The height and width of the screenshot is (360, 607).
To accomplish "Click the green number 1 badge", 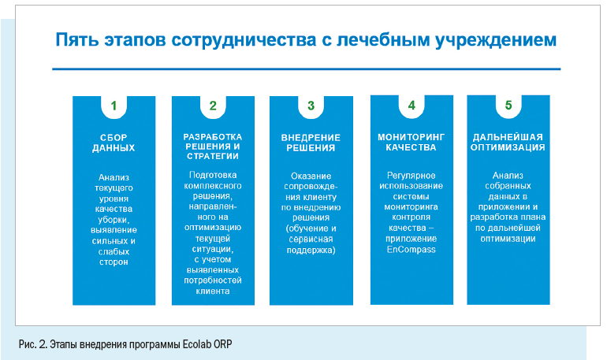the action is coord(114,106).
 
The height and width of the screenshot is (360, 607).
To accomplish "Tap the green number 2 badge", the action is coord(213,106).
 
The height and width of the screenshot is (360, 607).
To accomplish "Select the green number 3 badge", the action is coord(311,106).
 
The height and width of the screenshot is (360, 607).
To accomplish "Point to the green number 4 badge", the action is coord(411,106).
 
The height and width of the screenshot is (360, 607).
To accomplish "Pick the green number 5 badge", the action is coord(508,106).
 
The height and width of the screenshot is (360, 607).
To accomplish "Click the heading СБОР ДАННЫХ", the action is coord(114,143).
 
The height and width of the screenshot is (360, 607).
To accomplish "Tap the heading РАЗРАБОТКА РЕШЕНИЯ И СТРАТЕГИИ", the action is coord(213,147).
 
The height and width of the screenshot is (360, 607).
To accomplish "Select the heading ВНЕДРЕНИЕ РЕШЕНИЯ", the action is coord(311,143).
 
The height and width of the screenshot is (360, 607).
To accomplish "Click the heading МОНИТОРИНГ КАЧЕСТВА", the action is coord(411,143).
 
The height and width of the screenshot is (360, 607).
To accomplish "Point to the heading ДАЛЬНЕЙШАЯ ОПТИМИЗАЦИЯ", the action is coord(508,143).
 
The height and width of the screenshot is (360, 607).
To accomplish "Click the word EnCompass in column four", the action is coord(411,250).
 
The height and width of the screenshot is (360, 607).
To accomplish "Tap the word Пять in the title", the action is coord(77,40).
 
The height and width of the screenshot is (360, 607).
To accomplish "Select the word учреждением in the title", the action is coord(496,41).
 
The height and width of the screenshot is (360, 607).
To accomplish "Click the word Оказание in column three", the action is coord(311,176).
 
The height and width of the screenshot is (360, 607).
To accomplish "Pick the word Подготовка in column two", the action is coord(213,175).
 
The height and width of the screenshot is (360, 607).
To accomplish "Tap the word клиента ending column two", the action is coord(213,291).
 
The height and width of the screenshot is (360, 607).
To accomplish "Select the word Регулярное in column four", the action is coord(411,176).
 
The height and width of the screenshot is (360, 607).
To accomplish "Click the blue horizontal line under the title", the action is coord(306,69).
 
